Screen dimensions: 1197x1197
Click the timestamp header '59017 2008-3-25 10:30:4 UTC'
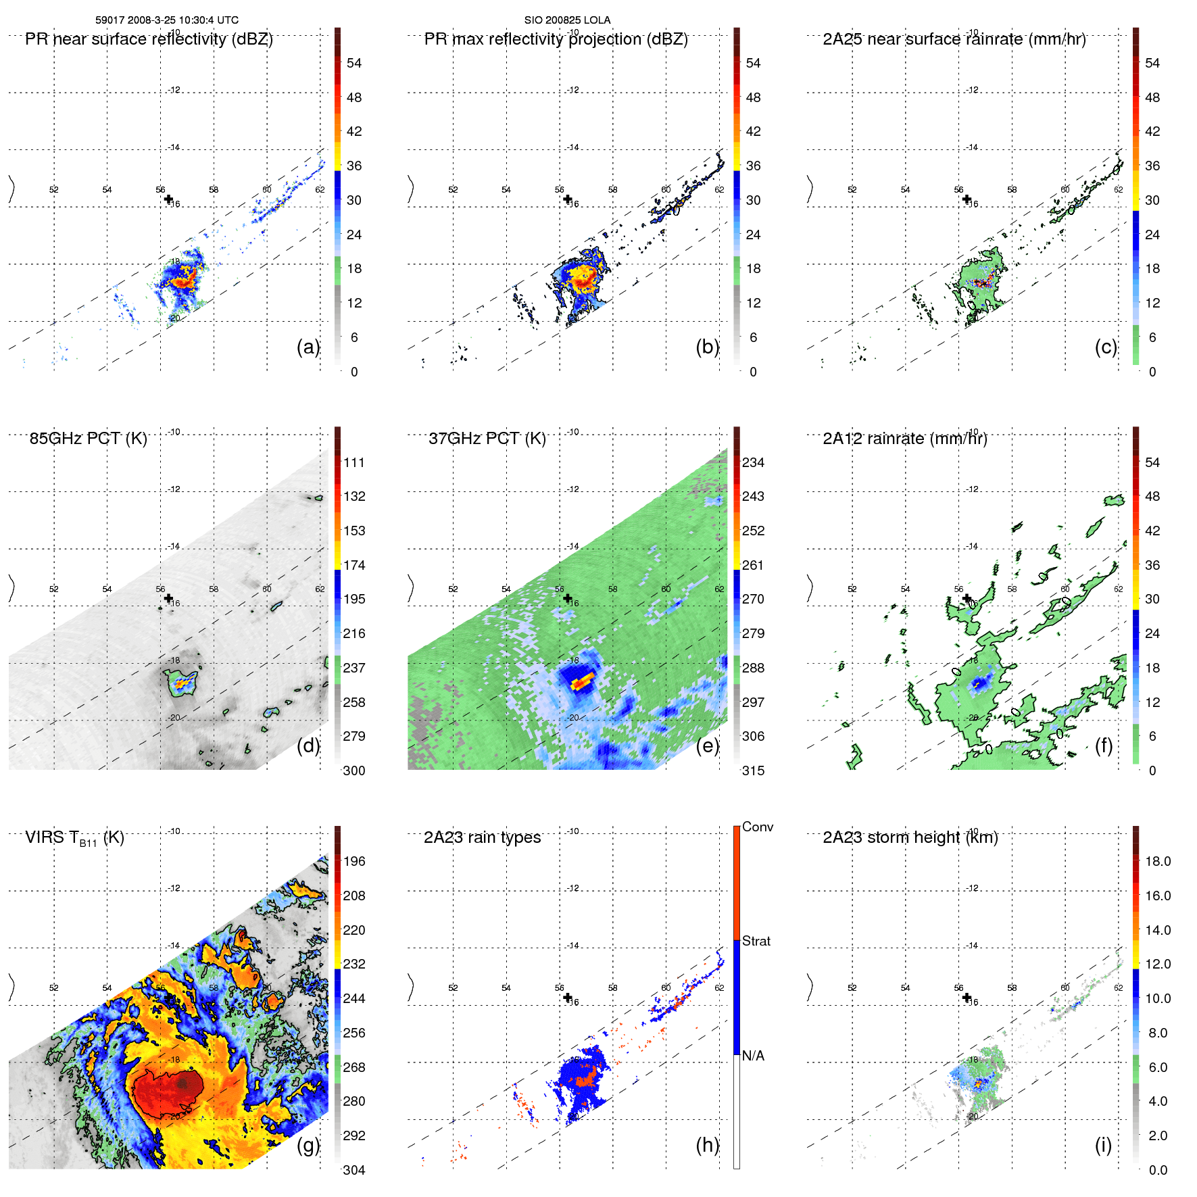click(x=166, y=20)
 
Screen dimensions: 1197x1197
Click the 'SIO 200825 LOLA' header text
click(x=567, y=20)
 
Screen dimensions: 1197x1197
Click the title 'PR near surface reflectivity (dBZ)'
click(x=149, y=39)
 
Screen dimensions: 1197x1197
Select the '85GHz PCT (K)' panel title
click(x=88, y=439)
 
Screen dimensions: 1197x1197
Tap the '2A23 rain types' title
click(x=482, y=837)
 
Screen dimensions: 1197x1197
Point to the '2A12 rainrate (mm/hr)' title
click(x=904, y=439)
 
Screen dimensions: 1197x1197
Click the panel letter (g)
click(x=308, y=1145)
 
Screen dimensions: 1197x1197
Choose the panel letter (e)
click(x=707, y=746)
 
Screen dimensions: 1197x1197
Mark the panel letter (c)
click(x=1106, y=347)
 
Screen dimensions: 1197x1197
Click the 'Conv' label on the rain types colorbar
click(x=757, y=827)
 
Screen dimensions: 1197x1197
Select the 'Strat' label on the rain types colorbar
click(x=756, y=941)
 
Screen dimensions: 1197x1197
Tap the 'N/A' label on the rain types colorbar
click(x=753, y=1056)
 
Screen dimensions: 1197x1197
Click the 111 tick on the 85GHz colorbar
click(x=353, y=462)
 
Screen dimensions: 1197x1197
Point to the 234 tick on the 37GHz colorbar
click(x=753, y=462)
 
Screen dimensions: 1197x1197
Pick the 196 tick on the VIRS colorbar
click(x=353, y=861)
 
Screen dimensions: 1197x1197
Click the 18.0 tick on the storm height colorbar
click(x=1157, y=861)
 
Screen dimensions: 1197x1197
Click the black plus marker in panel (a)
click(x=168, y=199)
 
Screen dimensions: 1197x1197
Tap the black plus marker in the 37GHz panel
click(x=568, y=598)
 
